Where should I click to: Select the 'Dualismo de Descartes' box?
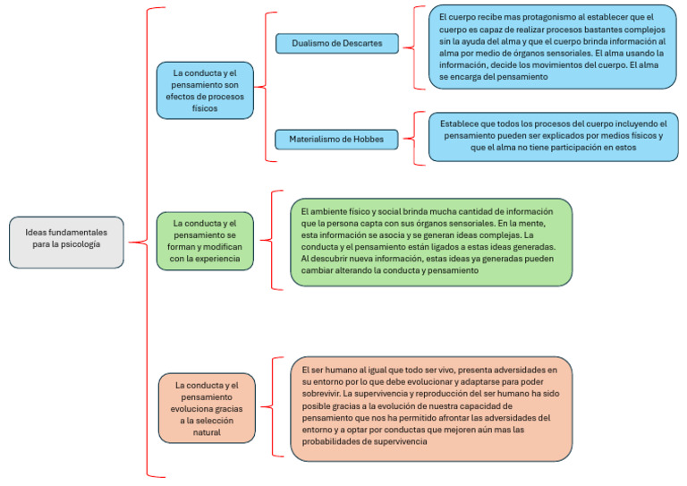[335, 43]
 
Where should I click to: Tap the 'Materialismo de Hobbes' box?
[335, 139]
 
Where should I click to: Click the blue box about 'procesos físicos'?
[205, 90]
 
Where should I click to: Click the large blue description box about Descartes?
[551, 47]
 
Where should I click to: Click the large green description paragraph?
[430, 242]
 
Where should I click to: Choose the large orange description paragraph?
[430, 407]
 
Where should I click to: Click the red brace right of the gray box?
[143, 242]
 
